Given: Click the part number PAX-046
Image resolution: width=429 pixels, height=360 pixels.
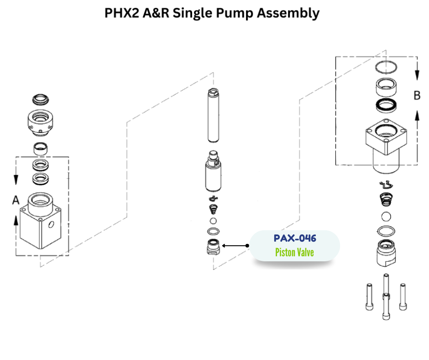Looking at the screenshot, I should (x=294, y=238).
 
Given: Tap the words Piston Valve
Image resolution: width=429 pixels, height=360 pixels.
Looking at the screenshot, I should (x=294, y=252).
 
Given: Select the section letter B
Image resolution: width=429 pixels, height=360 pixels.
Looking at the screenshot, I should (x=417, y=95).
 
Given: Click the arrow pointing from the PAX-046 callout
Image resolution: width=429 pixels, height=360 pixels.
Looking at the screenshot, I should (x=234, y=246).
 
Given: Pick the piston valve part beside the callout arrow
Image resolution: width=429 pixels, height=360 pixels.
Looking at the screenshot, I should (x=213, y=248).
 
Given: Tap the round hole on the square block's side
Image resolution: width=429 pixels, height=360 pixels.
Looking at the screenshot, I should (x=51, y=224).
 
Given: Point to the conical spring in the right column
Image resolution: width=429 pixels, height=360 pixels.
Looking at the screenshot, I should (x=386, y=200).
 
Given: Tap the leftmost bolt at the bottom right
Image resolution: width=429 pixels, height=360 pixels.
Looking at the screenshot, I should (x=369, y=296).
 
